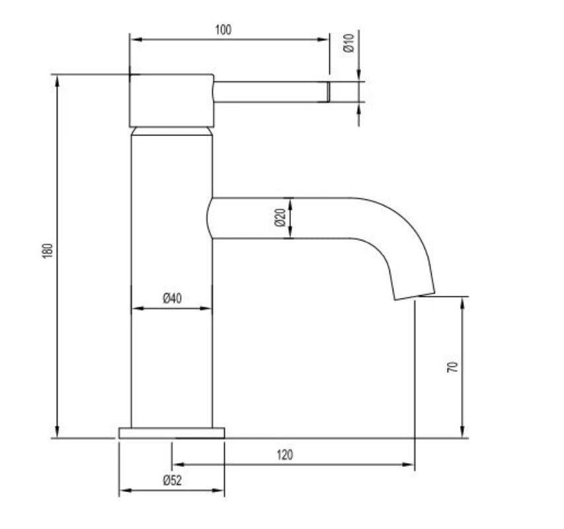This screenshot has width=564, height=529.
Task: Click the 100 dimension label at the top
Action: (223, 30)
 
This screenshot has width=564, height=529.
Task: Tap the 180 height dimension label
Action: (47, 252)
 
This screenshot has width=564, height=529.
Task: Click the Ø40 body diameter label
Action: (172, 298)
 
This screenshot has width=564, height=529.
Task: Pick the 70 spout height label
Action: (452, 367)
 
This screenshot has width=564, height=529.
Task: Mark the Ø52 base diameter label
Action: (172, 481)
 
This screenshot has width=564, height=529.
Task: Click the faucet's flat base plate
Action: (171, 433)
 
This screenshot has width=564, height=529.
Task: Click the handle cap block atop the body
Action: (171, 100)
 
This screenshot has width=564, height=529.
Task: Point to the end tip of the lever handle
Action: (327, 92)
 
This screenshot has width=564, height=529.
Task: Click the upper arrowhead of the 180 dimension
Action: (58, 80)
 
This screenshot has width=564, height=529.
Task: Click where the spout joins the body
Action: (212, 218)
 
